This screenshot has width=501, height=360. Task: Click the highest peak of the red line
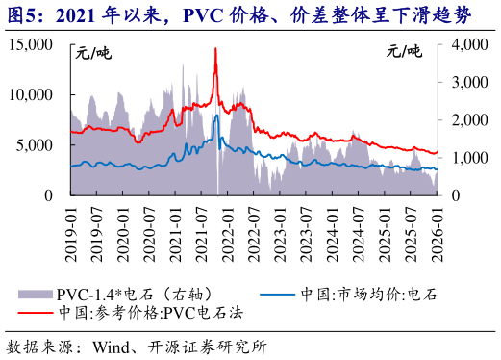coord(215,48)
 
